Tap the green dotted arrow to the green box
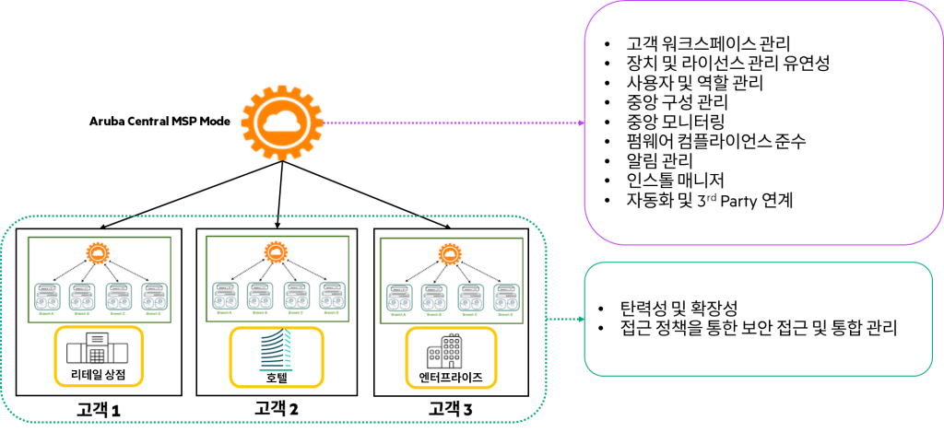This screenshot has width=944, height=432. tap(566, 320)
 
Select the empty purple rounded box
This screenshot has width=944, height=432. tap(763, 123)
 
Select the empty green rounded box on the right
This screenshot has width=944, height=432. tap(758, 319)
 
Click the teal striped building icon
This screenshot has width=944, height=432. tap(276, 352)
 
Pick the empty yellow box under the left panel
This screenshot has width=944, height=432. tap(99, 356)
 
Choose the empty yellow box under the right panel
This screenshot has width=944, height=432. tap(451, 356)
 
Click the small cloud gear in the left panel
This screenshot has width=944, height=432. tap(100, 252)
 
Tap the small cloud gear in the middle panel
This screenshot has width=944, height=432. tap(277, 251)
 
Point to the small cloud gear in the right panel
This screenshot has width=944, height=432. tap(450, 253)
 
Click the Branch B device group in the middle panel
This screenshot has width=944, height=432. tap(260, 295)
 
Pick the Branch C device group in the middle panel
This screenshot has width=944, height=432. tap(296, 295)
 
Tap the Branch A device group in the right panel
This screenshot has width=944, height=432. tap(399, 297)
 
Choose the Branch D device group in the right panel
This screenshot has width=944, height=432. tap(506, 297)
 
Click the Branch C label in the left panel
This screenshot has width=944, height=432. tap(118, 313)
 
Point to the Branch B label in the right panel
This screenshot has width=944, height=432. tap(433, 314)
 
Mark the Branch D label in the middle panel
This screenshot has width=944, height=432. tap(331, 312)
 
